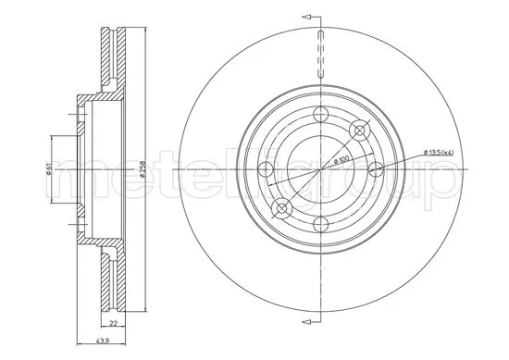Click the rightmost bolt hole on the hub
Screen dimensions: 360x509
point(376,169)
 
